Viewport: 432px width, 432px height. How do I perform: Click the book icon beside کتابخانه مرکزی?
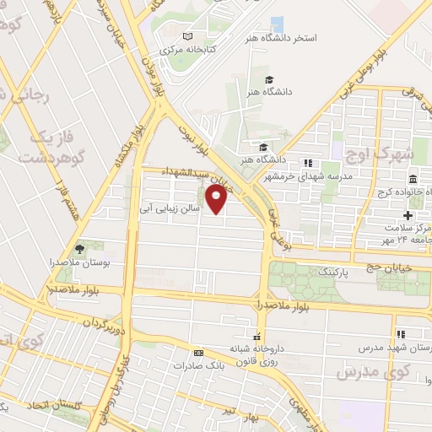(187, 36)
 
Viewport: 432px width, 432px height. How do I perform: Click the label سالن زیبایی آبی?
(169, 205)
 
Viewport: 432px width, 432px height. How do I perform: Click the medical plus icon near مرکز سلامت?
(408, 216)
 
